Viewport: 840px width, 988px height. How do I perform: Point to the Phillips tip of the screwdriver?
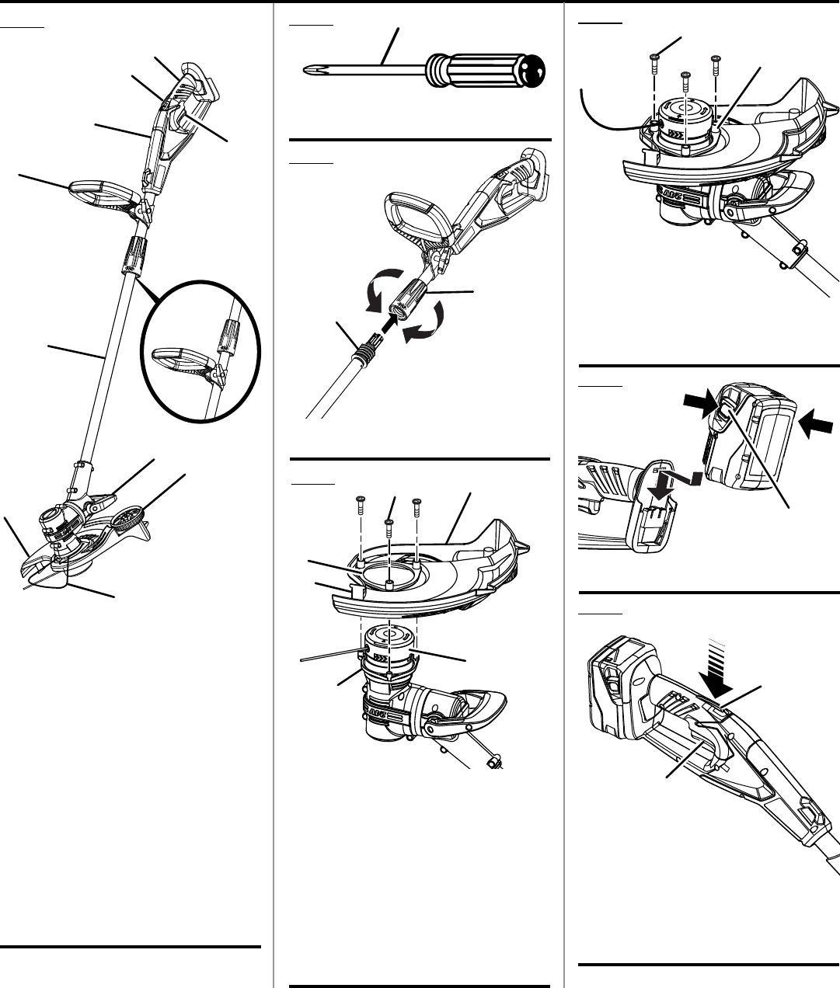point(308,71)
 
